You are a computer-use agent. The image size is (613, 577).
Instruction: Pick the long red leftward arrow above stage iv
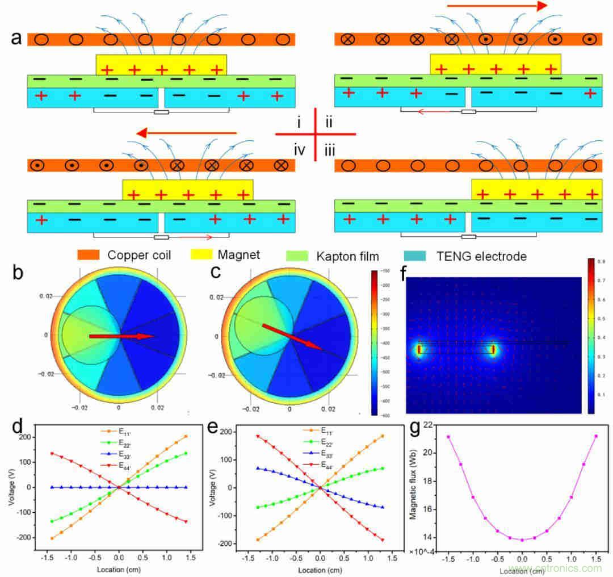coord(187,133)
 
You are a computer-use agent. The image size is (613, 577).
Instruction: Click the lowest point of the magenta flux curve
coord(522,540)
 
